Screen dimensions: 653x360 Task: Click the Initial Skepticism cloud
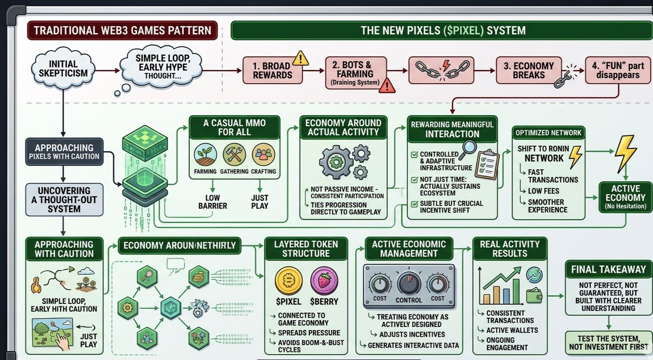tap(63, 69)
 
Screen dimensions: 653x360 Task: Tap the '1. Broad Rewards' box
tap(272, 70)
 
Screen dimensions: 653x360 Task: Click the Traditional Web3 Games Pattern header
tap(122, 31)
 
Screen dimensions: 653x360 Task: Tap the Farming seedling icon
tap(205, 154)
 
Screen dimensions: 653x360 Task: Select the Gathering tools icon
tap(234, 154)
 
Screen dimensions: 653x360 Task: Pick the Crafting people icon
tap(264, 154)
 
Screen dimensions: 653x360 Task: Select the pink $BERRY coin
tap(324, 280)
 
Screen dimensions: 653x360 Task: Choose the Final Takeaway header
tap(608, 269)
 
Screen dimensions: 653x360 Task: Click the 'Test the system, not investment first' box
tap(608, 342)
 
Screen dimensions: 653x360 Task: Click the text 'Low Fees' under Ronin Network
tap(544, 191)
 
